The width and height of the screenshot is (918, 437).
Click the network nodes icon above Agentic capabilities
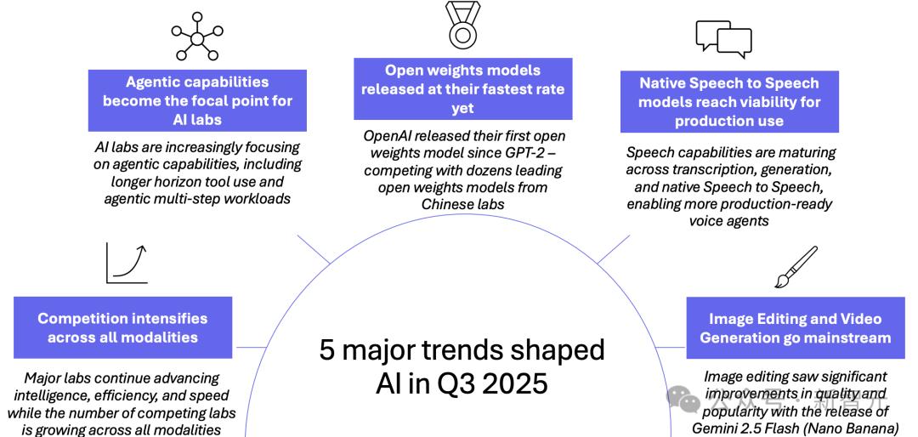pos(196,37)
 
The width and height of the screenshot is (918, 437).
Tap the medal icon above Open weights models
pos(463,27)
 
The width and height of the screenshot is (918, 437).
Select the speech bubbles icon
pos(723,39)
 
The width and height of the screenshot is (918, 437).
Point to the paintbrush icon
pos(796,267)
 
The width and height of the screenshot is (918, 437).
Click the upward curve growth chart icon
pos(127,263)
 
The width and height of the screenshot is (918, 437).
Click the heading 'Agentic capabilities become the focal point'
pos(197,101)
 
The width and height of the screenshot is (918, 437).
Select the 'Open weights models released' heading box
pos(462,89)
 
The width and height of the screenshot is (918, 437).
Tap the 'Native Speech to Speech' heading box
pos(729,102)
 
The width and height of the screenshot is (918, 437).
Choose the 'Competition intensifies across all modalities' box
pos(123,327)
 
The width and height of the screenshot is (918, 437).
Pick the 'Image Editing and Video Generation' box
pos(795,327)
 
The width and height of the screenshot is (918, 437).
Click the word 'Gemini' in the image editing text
pos(714,427)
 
